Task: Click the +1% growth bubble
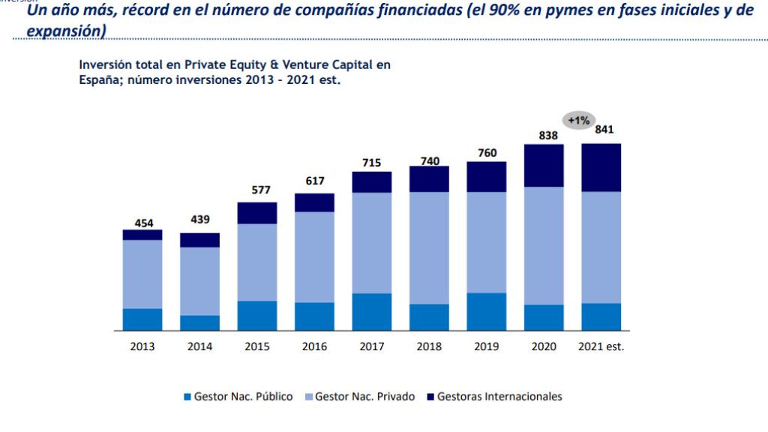(x=579, y=120)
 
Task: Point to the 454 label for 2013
(x=142, y=223)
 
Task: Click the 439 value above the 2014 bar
(x=199, y=220)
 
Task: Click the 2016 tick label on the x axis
(x=314, y=346)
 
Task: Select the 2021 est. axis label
(x=601, y=346)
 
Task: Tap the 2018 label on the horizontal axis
(x=429, y=346)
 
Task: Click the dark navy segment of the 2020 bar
(x=544, y=165)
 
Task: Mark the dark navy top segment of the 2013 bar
(x=142, y=235)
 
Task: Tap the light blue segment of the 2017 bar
(x=372, y=243)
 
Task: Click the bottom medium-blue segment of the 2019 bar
(x=487, y=311)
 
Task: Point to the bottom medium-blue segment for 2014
(x=199, y=322)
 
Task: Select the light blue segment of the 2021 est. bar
(x=601, y=247)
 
